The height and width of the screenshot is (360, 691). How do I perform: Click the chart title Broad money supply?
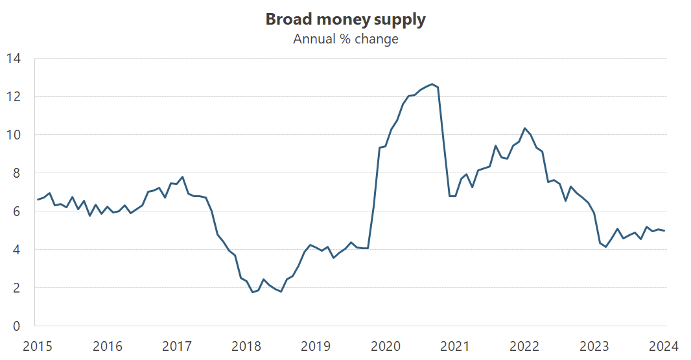click(x=345, y=19)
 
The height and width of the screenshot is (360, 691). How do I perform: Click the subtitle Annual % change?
click(x=345, y=39)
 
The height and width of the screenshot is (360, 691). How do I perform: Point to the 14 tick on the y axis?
click(x=14, y=58)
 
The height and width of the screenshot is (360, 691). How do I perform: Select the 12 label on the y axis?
click(x=14, y=97)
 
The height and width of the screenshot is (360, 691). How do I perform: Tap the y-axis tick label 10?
click(x=14, y=135)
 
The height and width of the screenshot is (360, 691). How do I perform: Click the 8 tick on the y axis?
click(x=17, y=173)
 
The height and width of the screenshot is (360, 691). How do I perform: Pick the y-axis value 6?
click(x=17, y=211)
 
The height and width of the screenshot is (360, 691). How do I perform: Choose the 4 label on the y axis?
click(x=17, y=250)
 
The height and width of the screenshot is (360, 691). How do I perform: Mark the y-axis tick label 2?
click(x=17, y=288)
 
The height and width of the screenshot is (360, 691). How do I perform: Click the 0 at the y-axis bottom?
click(x=17, y=326)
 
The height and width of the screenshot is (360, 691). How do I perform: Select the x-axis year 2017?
click(x=177, y=346)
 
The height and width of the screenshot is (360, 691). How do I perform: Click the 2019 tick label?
click(x=316, y=346)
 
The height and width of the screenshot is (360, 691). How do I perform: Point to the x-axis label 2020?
click(x=386, y=346)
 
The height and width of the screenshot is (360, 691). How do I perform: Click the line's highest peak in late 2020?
click(x=432, y=84)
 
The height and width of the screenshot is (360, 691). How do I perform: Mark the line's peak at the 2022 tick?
click(x=525, y=128)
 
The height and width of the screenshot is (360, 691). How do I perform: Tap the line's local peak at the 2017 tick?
click(x=182, y=176)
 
